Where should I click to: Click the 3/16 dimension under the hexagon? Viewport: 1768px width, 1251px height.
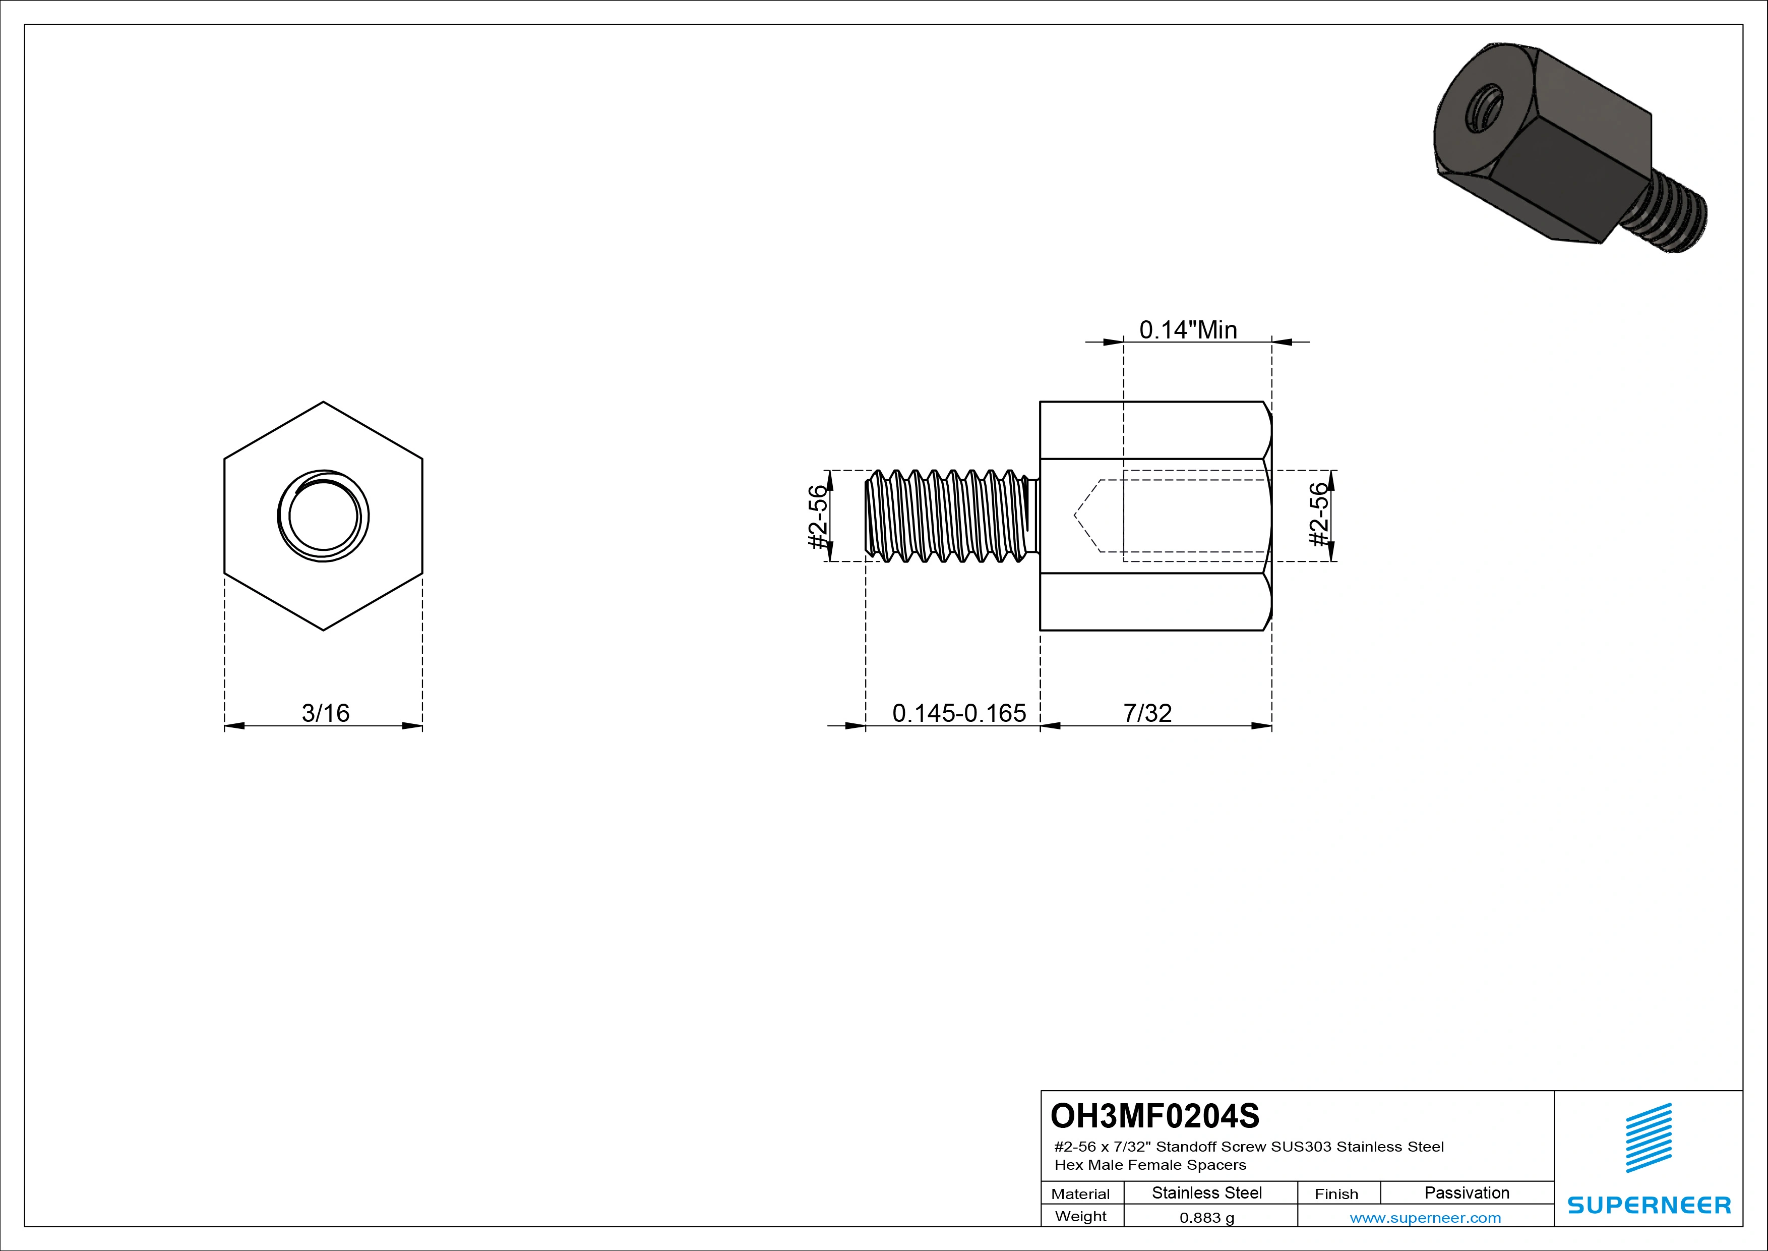pos(325,713)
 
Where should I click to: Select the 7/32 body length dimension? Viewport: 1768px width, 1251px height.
pos(1147,713)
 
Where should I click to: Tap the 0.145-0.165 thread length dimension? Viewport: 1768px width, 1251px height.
pos(959,713)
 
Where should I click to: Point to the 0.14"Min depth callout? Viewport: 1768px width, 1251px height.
pos(1188,330)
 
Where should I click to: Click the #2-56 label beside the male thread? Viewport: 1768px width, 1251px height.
pos(817,516)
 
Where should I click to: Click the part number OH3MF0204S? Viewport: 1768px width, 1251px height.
pos(1154,1115)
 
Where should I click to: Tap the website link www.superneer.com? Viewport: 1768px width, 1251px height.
pos(1425,1218)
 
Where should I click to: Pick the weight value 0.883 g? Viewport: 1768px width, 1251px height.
pos(1206,1218)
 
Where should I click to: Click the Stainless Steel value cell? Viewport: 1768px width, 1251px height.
pos(1206,1192)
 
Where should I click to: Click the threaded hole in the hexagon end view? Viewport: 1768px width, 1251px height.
pos(324,516)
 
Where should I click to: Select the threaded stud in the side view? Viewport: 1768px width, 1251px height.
pos(951,516)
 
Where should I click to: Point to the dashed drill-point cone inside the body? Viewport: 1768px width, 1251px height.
pos(1087,516)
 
